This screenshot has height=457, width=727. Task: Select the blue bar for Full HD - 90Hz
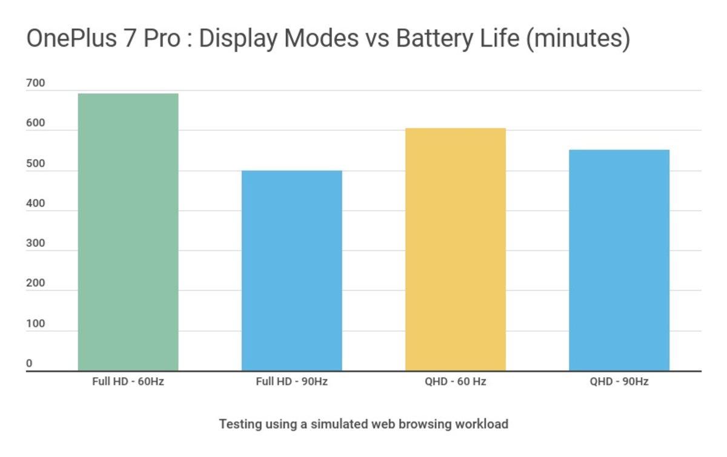[x=291, y=271]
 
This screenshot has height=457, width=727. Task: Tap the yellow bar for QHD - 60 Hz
[x=455, y=249]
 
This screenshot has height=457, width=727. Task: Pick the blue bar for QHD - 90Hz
[x=619, y=260]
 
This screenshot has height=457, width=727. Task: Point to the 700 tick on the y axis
[x=36, y=84]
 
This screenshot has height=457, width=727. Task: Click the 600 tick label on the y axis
[x=36, y=124]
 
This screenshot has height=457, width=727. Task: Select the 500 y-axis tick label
[x=36, y=164]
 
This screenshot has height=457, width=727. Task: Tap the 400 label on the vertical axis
[x=36, y=204]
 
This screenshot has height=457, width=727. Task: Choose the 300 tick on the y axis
[x=36, y=244]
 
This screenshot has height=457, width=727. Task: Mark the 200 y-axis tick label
[x=36, y=284]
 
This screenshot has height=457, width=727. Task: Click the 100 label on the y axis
[x=36, y=324]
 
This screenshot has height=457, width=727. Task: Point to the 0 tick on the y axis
[x=29, y=364]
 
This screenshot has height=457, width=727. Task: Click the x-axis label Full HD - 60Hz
[x=128, y=382]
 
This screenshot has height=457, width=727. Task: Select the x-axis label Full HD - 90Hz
[x=291, y=382]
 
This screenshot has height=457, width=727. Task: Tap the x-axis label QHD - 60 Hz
[x=456, y=382]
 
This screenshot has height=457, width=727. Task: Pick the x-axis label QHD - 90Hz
[x=619, y=382]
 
